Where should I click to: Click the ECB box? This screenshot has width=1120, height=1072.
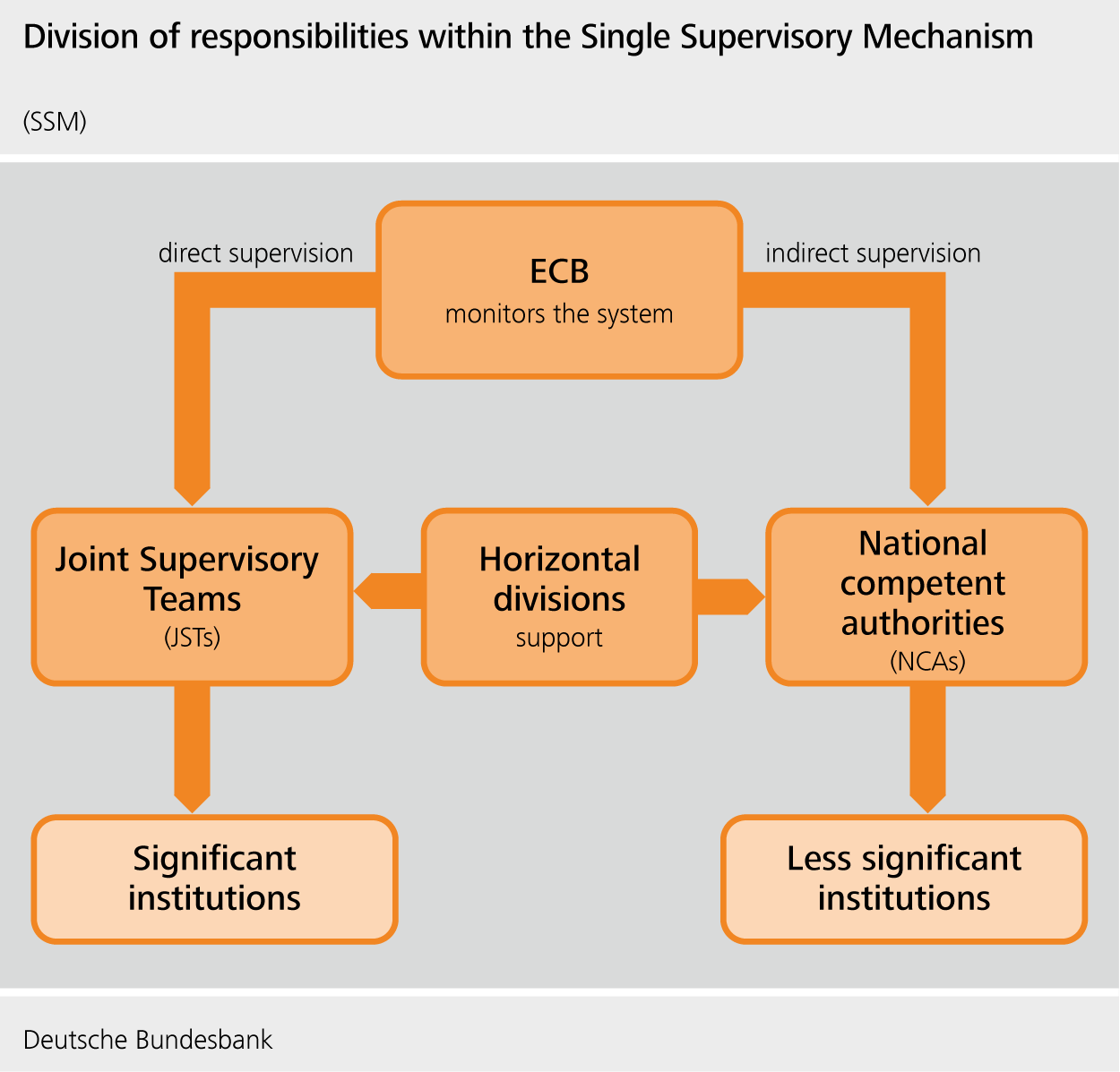(x=559, y=289)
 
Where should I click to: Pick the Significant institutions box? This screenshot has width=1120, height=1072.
(x=214, y=879)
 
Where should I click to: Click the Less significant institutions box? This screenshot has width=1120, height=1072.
(x=903, y=879)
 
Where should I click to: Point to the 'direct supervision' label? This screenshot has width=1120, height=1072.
(x=255, y=253)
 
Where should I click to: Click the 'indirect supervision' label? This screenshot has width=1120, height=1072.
(x=873, y=253)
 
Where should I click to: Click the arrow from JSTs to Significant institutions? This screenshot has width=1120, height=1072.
(x=192, y=748)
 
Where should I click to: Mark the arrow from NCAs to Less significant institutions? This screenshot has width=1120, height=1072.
(x=927, y=748)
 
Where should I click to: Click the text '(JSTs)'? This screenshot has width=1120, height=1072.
(x=192, y=638)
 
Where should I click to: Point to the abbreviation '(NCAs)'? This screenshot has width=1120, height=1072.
(x=927, y=662)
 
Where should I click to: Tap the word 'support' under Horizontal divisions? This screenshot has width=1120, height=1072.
(x=559, y=638)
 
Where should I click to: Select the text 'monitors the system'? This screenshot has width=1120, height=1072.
(x=559, y=314)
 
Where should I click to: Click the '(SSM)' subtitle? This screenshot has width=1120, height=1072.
(x=55, y=122)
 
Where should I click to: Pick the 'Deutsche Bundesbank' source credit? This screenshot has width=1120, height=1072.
(x=148, y=1040)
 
